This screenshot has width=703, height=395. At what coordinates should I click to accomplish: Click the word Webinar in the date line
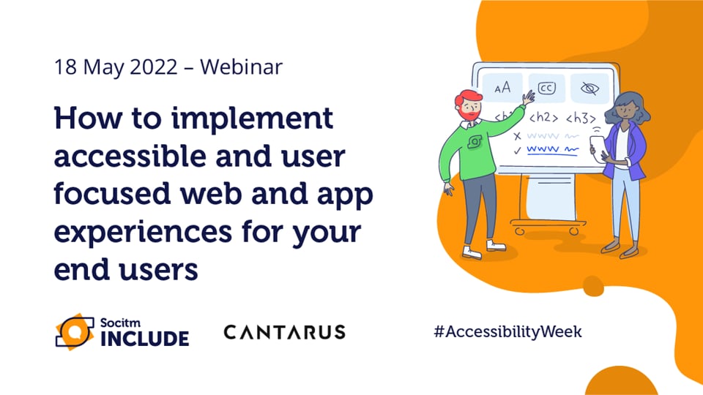coord(241,67)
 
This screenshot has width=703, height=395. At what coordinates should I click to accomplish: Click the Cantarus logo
coord(284,333)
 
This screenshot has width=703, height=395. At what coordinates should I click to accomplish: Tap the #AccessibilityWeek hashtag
coord(507,331)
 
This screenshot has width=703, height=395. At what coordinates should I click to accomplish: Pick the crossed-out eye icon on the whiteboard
coord(589,89)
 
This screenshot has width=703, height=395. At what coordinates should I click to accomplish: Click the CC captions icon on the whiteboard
coord(546,88)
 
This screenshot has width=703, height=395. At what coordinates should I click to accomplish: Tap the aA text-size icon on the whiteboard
coord(502,89)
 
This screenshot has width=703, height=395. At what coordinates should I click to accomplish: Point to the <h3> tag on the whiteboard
coord(580,117)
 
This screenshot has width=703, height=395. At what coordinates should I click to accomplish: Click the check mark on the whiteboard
coord(518,150)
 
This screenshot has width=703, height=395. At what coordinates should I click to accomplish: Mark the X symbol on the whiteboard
coord(517,136)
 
